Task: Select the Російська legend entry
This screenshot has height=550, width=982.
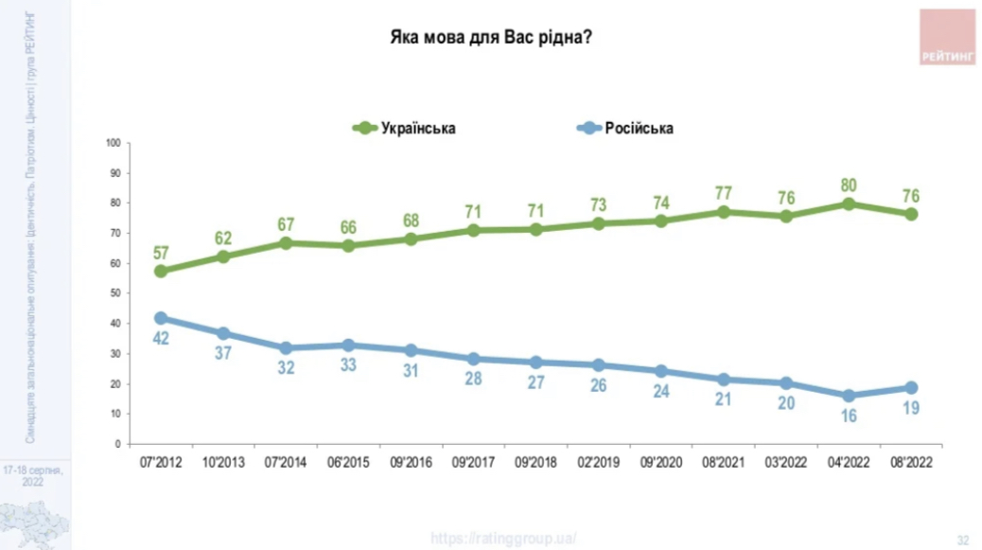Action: click(625, 128)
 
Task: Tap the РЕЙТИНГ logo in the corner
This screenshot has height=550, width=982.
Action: click(947, 37)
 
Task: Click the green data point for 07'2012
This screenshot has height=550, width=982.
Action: click(161, 271)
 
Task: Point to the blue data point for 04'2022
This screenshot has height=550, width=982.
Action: click(849, 396)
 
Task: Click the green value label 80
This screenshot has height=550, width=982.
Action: click(849, 184)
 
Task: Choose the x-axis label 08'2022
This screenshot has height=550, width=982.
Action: click(911, 464)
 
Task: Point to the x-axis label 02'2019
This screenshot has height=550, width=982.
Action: click(598, 464)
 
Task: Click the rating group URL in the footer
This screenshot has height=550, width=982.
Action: click(503, 538)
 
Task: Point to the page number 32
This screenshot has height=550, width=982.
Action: click(963, 540)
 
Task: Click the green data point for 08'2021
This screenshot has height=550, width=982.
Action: click(724, 212)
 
